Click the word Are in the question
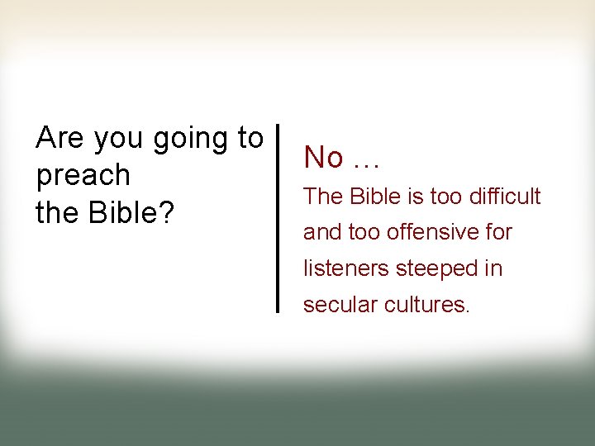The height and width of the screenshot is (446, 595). tap(60, 138)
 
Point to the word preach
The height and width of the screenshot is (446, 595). tap(83, 177)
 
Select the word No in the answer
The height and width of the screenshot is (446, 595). tap(323, 157)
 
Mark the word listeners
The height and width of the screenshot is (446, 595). tap(347, 268)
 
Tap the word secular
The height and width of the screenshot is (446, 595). tap(338, 305)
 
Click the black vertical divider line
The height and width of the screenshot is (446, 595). tap(277, 218)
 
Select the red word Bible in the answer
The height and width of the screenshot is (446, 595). tap(374, 197)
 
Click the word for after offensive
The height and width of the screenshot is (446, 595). tap(497, 232)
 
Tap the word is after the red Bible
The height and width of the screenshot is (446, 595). tap(414, 197)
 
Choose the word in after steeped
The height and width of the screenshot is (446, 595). tap(493, 268)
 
